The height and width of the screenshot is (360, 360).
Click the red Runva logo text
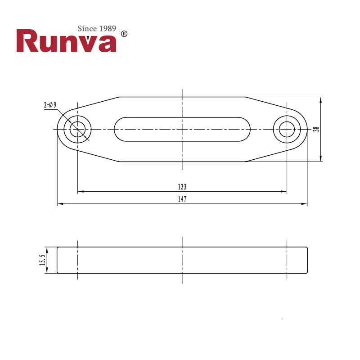[x=66, y=41]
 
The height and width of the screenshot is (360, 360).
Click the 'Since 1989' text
[x=97, y=28]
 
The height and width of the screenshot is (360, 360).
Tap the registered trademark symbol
[x=125, y=34]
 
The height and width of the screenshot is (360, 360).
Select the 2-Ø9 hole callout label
[x=50, y=105]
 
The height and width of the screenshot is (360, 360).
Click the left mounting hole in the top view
[x=78, y=129]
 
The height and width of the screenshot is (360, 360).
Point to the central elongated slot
[x=182, y=129]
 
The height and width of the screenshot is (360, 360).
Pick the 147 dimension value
[x=182, y=199]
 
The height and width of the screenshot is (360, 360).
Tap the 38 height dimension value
[x=316, y=129]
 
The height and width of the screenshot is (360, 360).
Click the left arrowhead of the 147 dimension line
[x=59, y=204]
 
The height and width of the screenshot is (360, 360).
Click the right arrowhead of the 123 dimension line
[x=284, y=192]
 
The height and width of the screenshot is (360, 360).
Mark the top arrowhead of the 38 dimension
[x=320, y=99]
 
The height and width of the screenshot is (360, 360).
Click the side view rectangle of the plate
[x=182, y=260]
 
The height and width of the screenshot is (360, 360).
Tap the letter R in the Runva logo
[x=27, y=41]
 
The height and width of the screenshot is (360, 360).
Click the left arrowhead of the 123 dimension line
[x=80, y=192]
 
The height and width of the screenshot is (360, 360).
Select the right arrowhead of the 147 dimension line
[x=305, y=204]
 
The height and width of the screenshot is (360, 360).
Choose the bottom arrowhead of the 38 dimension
[x=320, y=159]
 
